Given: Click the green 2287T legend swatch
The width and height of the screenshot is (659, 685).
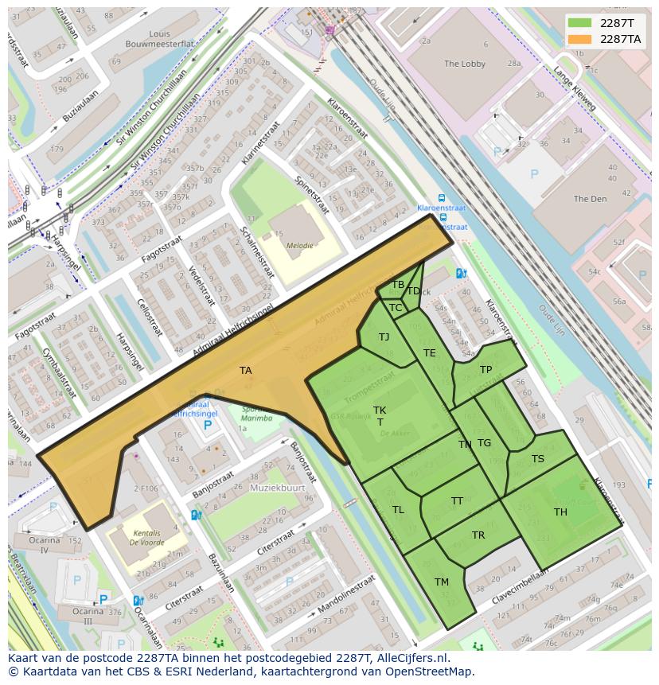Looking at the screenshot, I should [579, 23].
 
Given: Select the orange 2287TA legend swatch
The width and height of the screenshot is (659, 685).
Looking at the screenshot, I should [579, 39].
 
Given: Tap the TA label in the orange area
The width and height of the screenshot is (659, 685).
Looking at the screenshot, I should [245, 371].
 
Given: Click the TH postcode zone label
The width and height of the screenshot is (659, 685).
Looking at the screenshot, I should [560, 512].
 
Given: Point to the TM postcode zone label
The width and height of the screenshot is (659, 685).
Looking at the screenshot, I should [442, 582].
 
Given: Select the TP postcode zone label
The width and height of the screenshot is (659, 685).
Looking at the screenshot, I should [485, 370].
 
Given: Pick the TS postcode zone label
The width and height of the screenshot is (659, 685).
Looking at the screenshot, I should [538, 459].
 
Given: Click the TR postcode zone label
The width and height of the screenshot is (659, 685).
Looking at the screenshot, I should [478, 535].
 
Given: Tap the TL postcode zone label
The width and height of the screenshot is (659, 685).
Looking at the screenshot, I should [398, 510].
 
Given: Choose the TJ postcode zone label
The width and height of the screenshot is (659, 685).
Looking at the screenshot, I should [384, 337].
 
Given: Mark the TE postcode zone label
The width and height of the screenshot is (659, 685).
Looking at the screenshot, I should [430, 353].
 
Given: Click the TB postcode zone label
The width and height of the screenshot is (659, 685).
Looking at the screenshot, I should [398, 285].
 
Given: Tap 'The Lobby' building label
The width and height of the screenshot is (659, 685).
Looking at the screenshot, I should [464, 64].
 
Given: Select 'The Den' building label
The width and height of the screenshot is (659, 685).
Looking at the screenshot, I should [590, 199].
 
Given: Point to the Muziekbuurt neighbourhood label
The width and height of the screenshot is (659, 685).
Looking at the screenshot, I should [277, 487].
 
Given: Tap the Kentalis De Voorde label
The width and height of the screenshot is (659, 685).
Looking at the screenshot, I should [147, 537].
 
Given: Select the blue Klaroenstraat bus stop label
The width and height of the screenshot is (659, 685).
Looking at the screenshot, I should [442, 208].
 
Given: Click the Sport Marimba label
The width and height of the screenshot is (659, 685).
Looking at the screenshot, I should [256, 414].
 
